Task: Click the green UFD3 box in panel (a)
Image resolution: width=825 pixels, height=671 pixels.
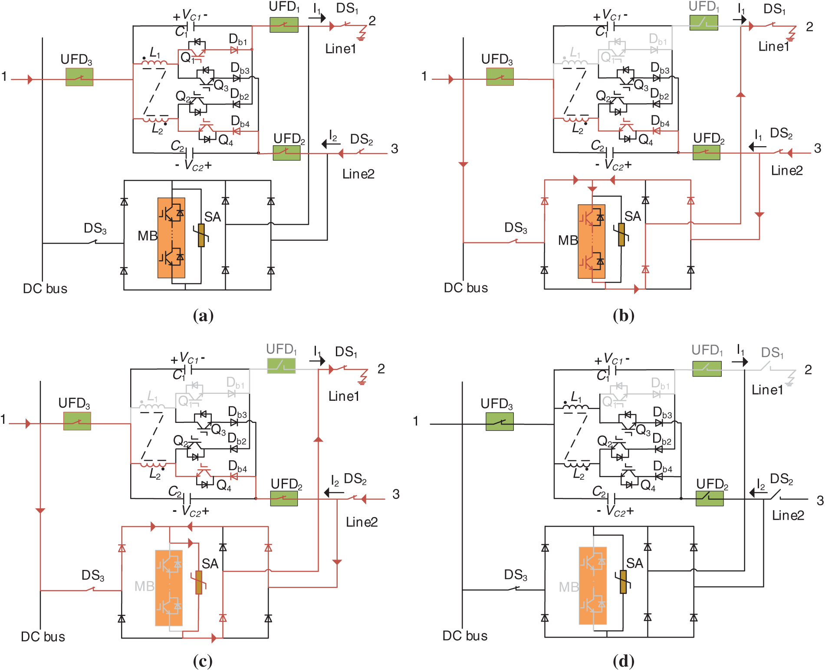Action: [79, 77]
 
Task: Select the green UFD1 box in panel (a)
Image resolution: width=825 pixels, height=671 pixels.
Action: [284, 25]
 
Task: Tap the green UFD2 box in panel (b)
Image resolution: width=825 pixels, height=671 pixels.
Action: [707, 152]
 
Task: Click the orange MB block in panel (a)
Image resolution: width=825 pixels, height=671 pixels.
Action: [171, 238]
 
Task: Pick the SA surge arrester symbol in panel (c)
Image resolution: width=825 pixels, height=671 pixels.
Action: [199, 583]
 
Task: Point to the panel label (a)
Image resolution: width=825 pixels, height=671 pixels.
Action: [203, 315]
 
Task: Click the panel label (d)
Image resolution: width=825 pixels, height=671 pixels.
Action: [624, 661]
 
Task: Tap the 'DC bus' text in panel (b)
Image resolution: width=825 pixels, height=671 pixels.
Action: [466, 288]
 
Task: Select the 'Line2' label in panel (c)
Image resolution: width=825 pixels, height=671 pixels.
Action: [362, 522]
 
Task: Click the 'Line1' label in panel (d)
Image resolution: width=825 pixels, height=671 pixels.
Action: [767, 390]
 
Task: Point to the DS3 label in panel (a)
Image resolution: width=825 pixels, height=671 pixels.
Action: [95, 229]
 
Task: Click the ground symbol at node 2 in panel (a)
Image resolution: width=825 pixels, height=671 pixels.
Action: [361, 34]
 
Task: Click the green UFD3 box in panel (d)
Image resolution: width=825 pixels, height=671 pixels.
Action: [500, 421]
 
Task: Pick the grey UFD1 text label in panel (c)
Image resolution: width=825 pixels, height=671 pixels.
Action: [281, 350]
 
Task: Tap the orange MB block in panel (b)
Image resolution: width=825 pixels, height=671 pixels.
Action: [592, 242]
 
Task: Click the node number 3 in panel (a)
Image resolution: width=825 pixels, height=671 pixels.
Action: [394, 149]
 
